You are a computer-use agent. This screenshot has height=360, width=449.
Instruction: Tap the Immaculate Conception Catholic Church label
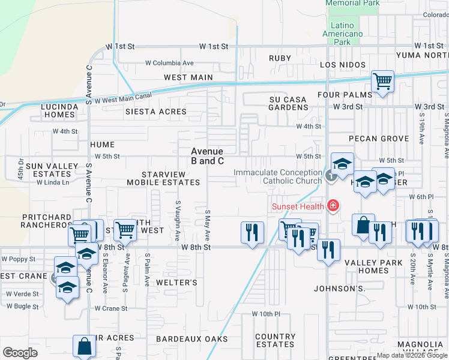pos(278,176)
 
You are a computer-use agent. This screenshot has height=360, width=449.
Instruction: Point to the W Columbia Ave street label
pos(169,62)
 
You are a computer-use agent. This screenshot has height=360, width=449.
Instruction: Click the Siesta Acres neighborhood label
pos(156,112)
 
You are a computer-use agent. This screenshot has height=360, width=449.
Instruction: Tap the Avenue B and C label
pos(207,156)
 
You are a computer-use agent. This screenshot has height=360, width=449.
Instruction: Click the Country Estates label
pos(275,340)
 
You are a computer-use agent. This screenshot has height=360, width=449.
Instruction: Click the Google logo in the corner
pos(20,352)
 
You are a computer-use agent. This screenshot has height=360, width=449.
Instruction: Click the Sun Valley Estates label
pos(52,170)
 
